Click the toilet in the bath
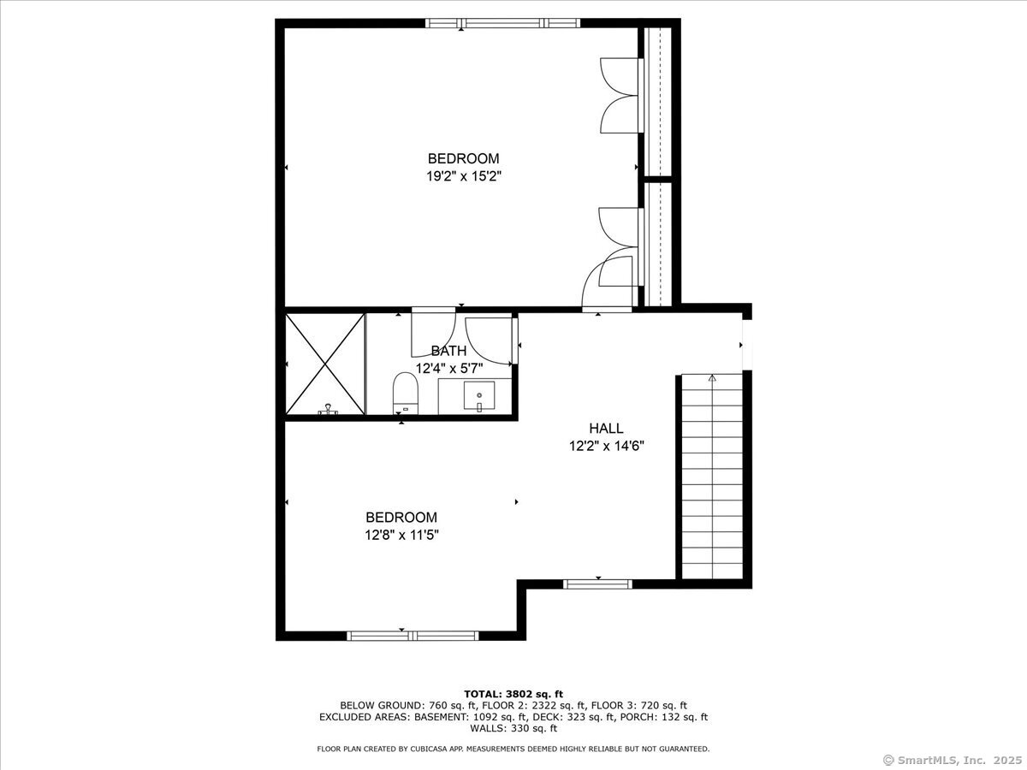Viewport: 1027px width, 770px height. (405, 393)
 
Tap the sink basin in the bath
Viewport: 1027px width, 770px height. (479, 395)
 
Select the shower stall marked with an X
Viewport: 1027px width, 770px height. (324, 364)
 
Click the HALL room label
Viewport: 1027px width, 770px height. (606, 429)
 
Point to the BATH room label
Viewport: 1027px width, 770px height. (448, 351)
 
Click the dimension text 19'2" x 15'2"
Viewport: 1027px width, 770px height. (464, 176)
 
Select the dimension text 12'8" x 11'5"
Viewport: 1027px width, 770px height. (401, 535)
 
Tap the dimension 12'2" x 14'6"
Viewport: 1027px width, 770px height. (607, 446)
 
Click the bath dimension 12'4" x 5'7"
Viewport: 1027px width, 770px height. (449, 369)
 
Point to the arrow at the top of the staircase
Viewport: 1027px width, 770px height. (712, 378)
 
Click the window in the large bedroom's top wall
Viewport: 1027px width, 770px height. (502, 23)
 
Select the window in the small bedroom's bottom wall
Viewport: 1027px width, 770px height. (413, 636)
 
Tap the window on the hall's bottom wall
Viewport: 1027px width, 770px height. (597, 584)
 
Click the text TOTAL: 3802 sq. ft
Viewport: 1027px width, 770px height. (513, 694)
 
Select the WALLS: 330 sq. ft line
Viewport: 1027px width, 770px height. (513, 728)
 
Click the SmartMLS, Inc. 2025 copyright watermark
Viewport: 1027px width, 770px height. (953, 760)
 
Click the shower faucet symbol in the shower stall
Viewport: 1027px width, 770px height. (329, 409)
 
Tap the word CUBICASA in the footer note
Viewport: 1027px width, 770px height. (428, 749)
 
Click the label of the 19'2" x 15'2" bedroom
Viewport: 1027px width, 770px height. (464, 158)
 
